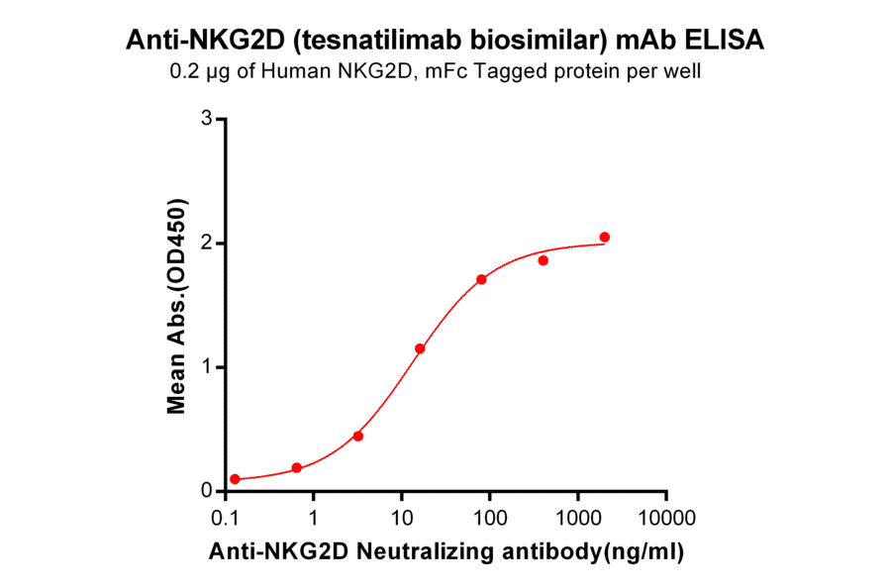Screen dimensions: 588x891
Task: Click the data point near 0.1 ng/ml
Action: [x=235, y=479]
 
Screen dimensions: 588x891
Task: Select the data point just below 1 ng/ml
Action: [x=297, y=467]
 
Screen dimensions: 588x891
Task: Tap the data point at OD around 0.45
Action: [x=358, y=436]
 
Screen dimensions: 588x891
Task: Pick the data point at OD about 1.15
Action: [x=420, y=348]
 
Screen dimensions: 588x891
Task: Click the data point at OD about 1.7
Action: [x=481, y=279]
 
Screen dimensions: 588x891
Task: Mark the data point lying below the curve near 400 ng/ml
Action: [x=544, y=260]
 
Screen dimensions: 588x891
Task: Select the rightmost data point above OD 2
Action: [x=605, y=237]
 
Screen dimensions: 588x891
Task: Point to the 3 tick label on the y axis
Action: [x=206, y=119]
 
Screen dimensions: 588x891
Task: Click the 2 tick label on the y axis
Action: [x=206, y=243]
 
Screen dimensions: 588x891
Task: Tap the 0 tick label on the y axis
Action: [x=206, y=491]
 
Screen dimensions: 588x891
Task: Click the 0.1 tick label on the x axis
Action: [x=227, y=517]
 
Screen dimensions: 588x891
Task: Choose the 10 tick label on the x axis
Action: [x=402, y=517]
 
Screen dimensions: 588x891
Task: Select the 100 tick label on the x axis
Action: [x=490, y=517]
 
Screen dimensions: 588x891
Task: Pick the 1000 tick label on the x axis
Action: [x=578, y=517]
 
